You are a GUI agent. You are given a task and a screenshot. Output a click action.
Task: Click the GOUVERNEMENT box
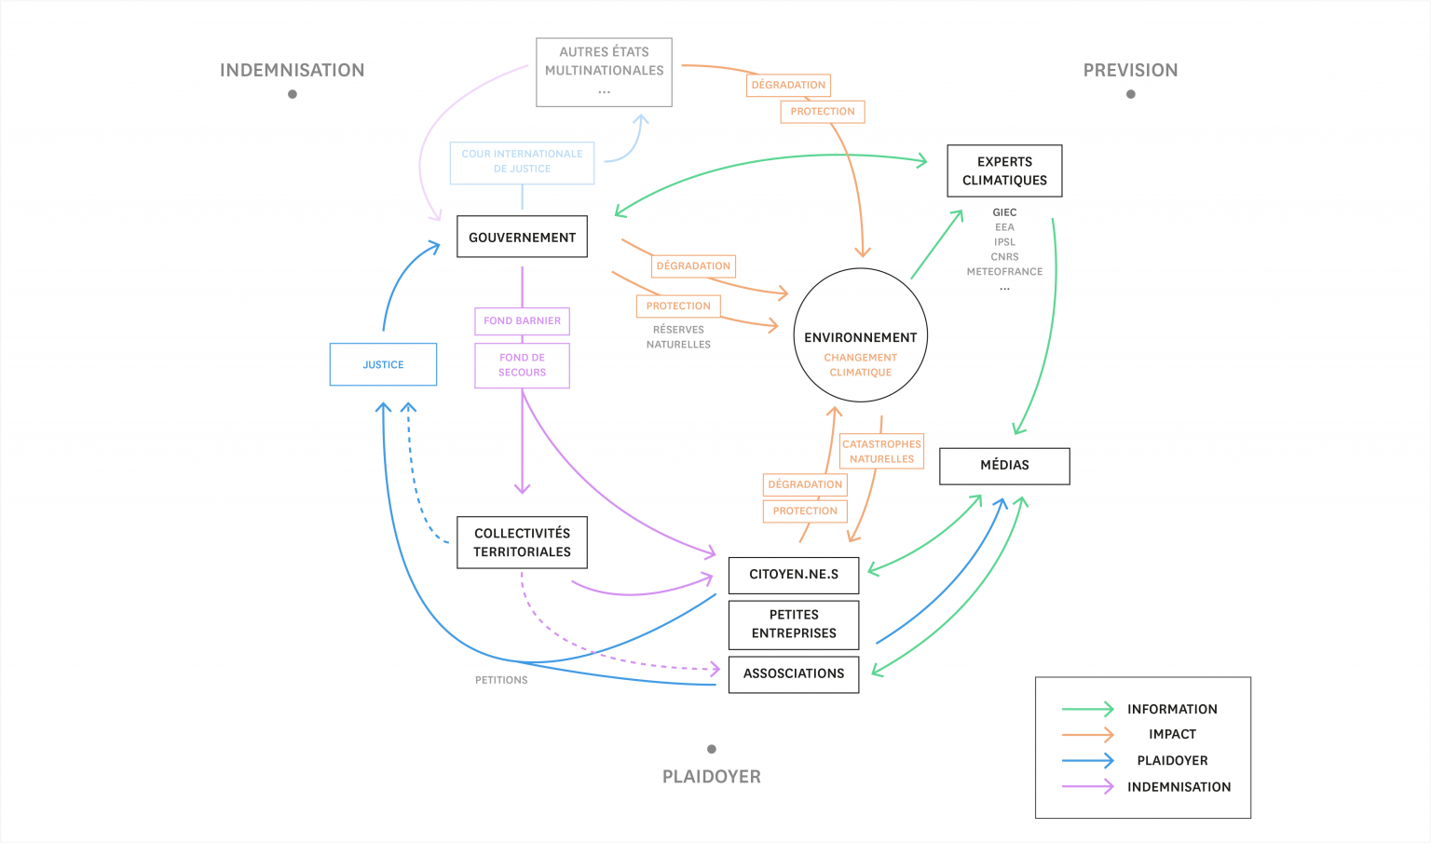(522, 237)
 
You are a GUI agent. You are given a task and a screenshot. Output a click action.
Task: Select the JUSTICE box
(383, 364)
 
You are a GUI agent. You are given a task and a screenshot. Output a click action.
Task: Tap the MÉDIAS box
(1004, 466)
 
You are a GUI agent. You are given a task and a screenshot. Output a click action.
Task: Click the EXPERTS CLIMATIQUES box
(1004, 171)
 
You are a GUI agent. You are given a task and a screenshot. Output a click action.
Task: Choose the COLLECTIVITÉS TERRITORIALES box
(522, 542)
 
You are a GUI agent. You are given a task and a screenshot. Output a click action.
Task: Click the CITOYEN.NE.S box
(794, 575)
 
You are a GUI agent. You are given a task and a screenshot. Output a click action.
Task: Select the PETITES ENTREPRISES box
(794, 625)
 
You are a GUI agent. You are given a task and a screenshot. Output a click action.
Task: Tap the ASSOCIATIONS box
(794, 674)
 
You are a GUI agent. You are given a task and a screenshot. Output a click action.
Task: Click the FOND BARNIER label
(522, 320)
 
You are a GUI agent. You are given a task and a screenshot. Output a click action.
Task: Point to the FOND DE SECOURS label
(522, 365)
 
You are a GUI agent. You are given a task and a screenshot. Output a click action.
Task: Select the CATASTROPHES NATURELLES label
(881, 451)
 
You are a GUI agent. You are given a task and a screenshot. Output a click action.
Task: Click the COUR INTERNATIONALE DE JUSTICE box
(522, 163)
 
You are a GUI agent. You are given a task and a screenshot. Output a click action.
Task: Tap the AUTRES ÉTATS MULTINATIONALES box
(604, 72)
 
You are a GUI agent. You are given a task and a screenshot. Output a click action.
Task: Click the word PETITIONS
(501, 680)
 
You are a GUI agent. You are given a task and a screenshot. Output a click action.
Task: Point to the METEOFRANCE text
(1004, 271)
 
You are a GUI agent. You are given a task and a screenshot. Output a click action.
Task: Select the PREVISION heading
(1130, 70)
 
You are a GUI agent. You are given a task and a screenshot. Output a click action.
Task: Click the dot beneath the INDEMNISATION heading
(292, 94)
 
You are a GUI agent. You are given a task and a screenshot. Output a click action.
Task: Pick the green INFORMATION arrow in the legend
(1087, 709)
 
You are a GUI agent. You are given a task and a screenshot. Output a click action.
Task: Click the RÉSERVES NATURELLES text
(678, 336)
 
